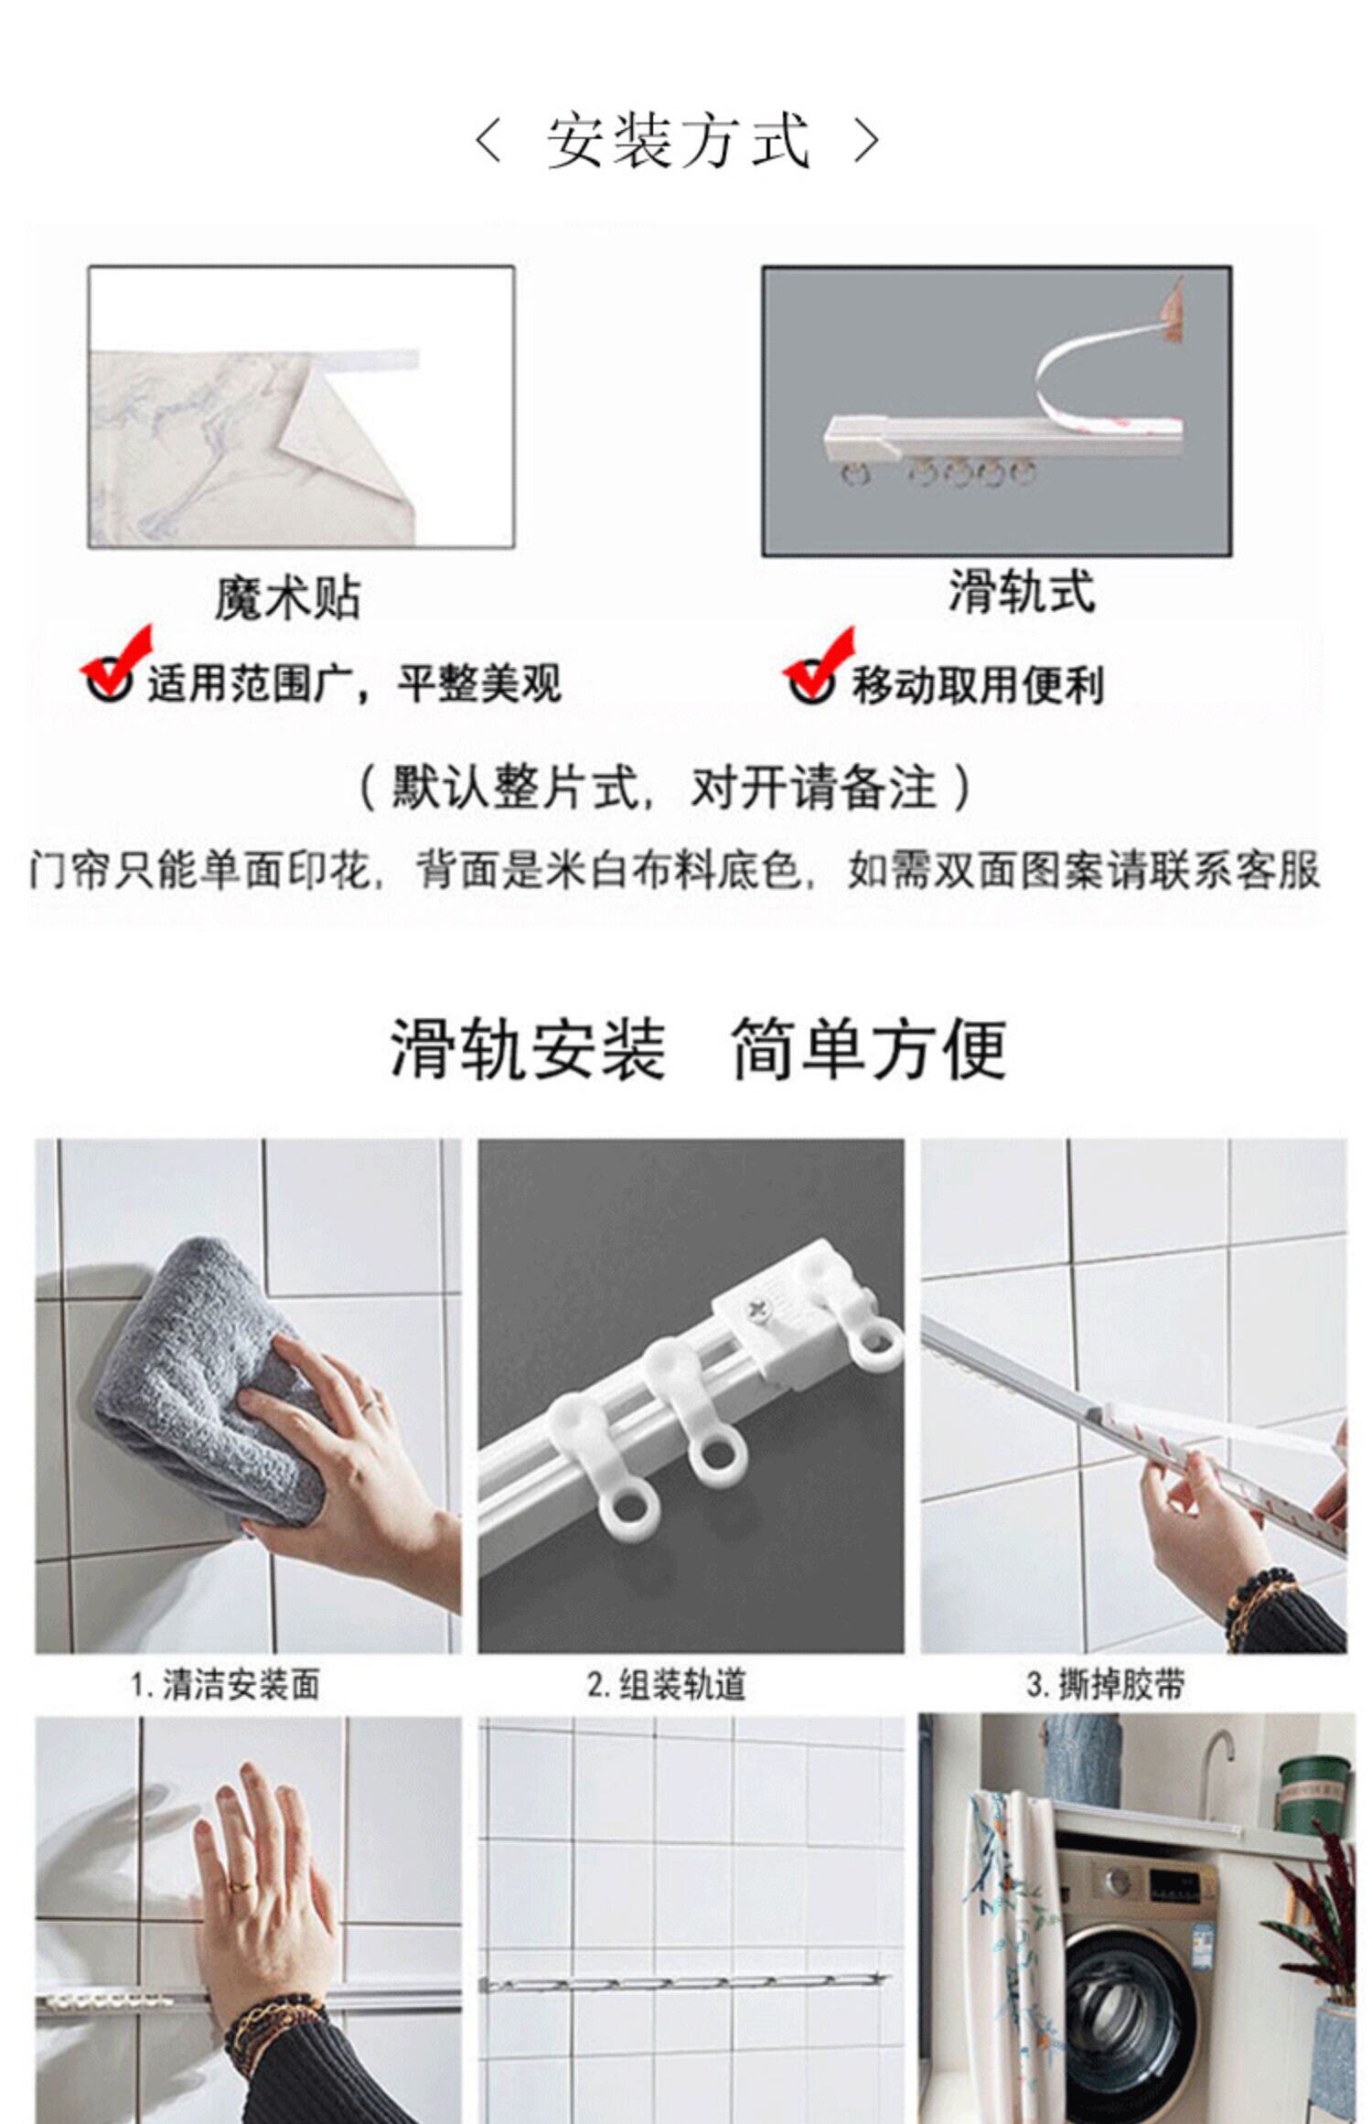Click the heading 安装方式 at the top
tap(679, 142)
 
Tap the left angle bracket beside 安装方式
tap(489, 142)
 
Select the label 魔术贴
tap(287, 598)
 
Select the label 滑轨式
tap(1021, 591)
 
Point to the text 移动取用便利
tap(979, 685)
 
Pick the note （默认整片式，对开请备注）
tap(665, 788)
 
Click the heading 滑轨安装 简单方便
tap(699, 1048)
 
